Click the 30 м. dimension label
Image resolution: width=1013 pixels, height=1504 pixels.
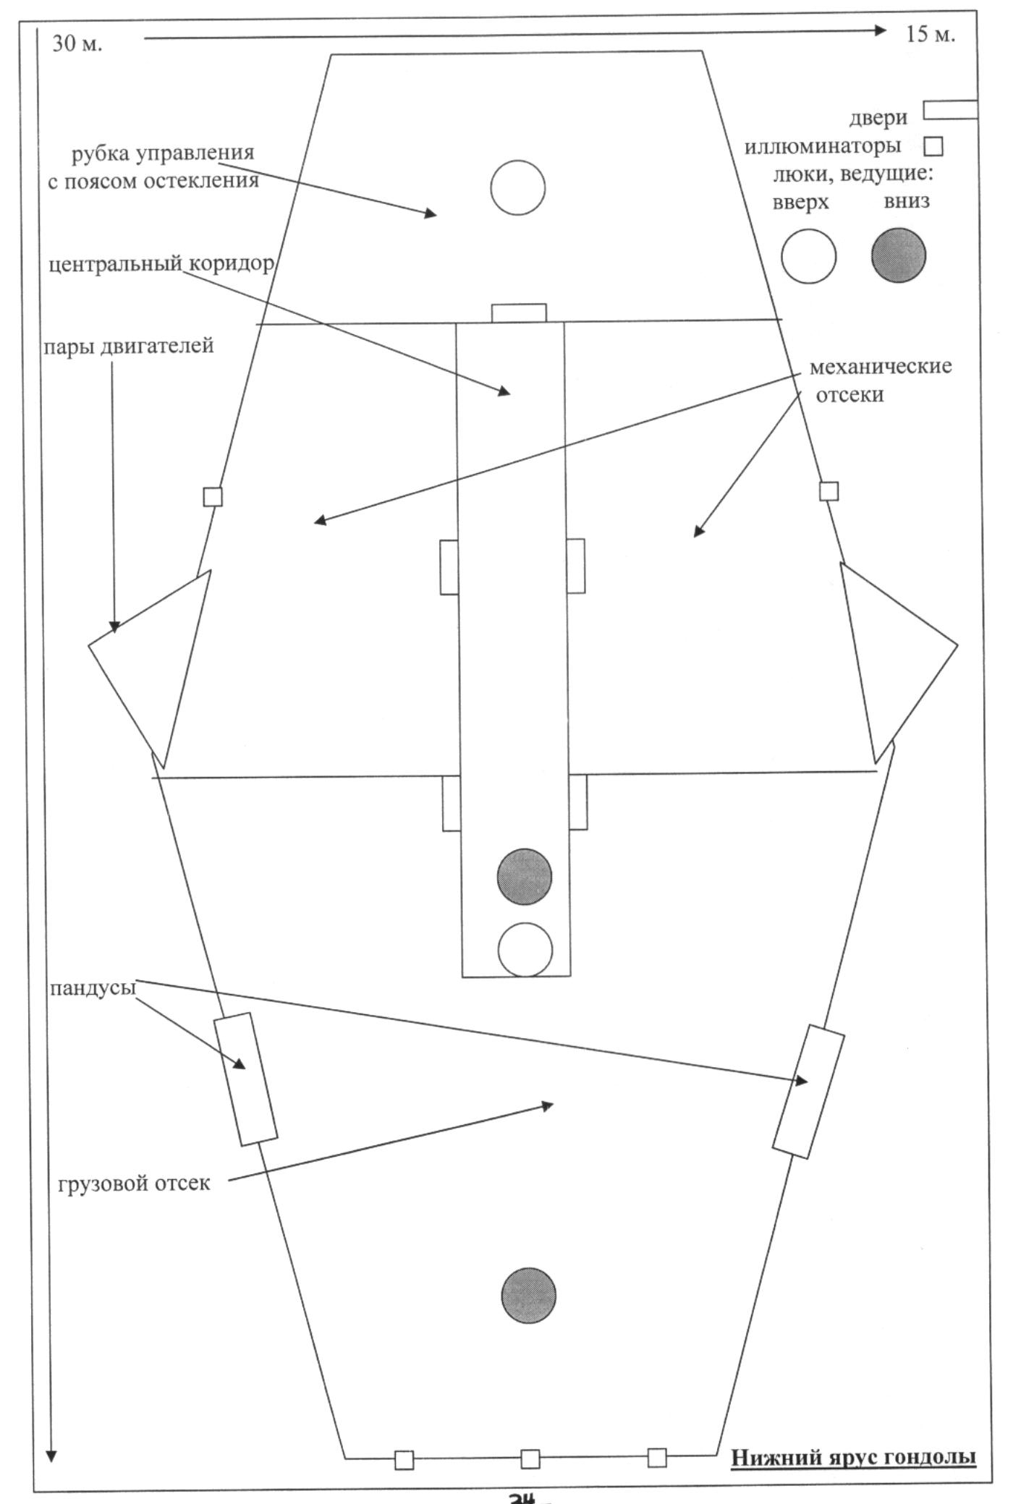pos(77,44)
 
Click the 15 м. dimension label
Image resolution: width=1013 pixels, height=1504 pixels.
pos(931,34)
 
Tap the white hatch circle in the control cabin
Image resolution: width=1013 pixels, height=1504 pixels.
pos(517,188)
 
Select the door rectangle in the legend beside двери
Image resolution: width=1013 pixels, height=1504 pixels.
pos(951,110)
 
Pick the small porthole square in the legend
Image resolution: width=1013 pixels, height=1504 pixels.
pos(933,147)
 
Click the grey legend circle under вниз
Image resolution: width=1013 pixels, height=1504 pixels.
pos(899,255)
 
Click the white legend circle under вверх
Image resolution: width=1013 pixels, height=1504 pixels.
pos(808,257)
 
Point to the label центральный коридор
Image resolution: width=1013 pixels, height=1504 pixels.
pos(161,264)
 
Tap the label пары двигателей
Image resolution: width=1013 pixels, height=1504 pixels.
pos(128,346)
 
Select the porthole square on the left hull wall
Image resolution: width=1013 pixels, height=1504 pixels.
pos(213,497)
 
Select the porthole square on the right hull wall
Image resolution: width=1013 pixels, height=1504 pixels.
pos(828,491)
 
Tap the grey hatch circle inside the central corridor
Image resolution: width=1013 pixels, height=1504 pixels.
pos(525,877)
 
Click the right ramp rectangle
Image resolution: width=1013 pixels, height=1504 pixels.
pos(808,1092)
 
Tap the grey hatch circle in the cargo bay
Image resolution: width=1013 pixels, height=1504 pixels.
pos(529,1296)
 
